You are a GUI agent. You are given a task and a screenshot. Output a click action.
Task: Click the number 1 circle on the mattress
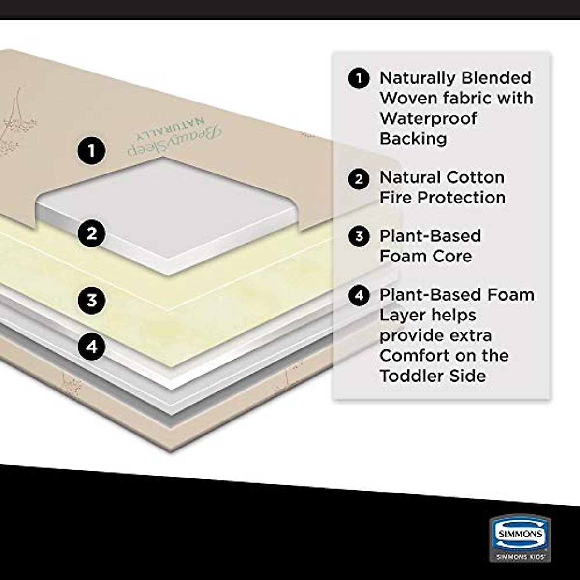point(91,150)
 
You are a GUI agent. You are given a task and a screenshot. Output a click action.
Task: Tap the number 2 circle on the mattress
point(91,234)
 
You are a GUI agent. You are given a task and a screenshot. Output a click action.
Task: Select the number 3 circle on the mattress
point(91,300)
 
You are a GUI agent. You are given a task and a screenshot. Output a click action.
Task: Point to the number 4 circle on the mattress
point(91,346)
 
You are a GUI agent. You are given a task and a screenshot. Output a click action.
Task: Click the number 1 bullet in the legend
point(359,78)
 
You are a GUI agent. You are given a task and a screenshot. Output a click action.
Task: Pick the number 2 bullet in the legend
point(359,178)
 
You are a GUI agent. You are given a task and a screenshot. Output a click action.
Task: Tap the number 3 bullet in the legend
point(359,236)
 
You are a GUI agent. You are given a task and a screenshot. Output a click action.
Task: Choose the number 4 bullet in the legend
point(359,295)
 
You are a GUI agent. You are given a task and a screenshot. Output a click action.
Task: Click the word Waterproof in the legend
point(428,118)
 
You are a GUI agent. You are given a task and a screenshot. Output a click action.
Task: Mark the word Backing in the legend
point(413,139)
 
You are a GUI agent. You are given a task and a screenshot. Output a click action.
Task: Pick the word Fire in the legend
point(395,198)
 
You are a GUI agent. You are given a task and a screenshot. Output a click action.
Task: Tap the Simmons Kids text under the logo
point(519,557)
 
